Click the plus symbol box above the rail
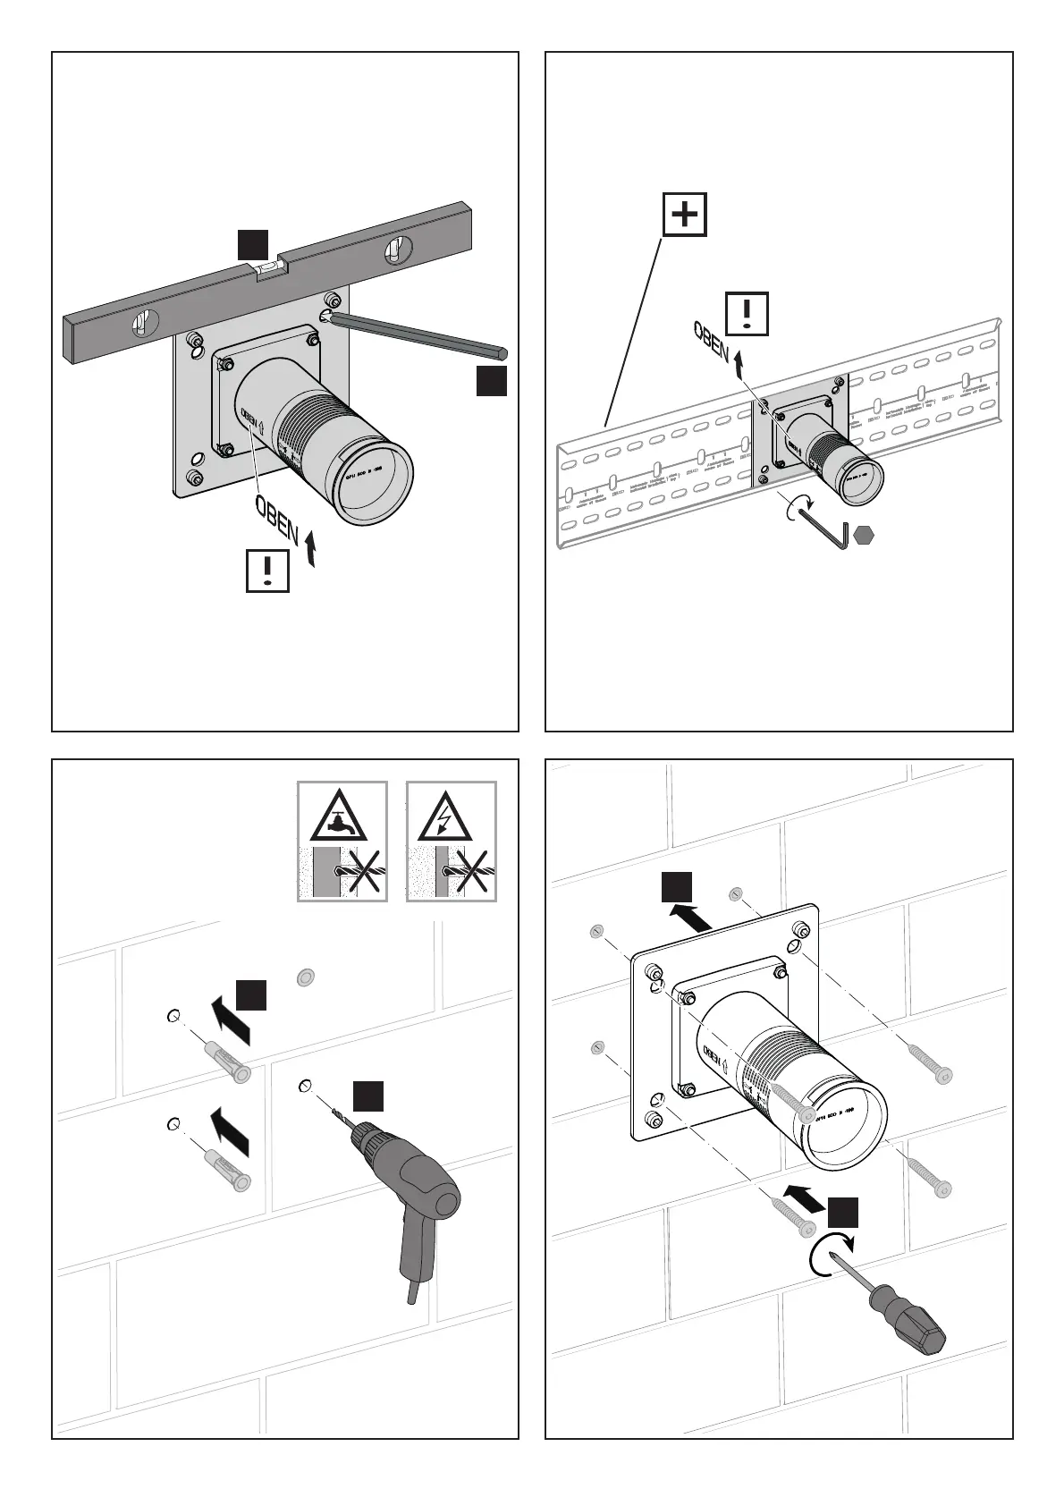(x=684, y=215)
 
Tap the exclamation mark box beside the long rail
(x=747, y=313)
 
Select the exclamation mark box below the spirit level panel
(x=267, y=570)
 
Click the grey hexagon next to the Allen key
(x=863, y=536)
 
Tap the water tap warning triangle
(x=342, y=815)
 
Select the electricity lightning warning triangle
(x=451, y=815)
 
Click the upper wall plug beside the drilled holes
(x=225, y=1061)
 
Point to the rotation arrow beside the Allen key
(x=793, y=509)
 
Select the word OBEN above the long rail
(x=712, y=340)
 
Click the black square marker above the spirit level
(x=252, y=244)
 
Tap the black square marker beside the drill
(x=367, y=1096)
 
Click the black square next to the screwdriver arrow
(x=842, y=1213)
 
